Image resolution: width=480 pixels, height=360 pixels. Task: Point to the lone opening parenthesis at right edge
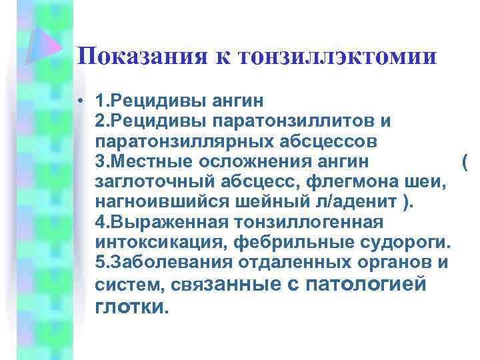point(464,162)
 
